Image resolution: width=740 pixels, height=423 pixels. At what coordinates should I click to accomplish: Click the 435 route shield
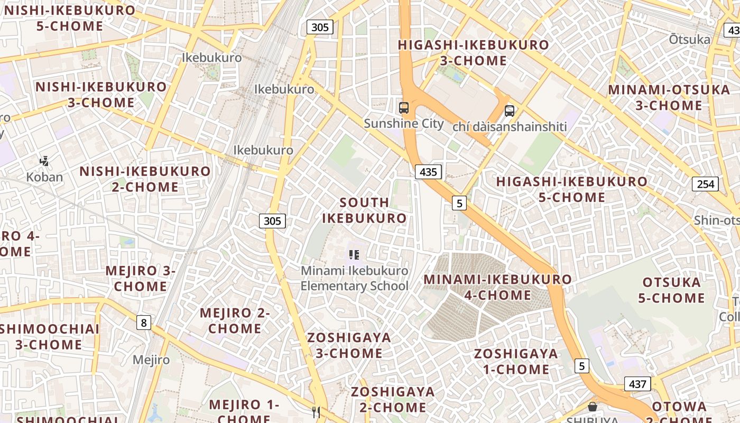(428, 171)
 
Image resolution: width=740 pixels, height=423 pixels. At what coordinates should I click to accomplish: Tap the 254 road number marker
(705, 184)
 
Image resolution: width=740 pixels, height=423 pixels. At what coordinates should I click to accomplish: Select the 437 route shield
(637, 384)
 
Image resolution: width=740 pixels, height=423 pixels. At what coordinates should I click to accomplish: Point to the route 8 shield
(143, 322)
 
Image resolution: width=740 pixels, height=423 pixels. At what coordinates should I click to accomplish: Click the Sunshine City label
(404, 124)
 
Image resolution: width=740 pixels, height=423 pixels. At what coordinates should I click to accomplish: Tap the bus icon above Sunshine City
(404, 108)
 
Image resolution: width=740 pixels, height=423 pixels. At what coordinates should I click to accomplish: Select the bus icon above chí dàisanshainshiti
(509, 111)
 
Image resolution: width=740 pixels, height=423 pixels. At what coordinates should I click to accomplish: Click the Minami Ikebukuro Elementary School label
(355, 278)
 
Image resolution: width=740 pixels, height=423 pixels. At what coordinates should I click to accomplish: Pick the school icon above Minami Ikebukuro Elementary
(354, 255)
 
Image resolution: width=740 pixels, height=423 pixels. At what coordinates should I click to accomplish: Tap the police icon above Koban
(45, 161)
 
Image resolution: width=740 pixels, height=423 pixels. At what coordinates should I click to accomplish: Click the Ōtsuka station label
(689, 39)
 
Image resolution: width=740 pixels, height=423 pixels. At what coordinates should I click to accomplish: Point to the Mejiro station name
(151, 360)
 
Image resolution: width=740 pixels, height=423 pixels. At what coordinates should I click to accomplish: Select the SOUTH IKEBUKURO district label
(364, 210)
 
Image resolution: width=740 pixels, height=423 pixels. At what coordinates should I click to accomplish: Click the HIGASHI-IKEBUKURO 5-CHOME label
(571, 189)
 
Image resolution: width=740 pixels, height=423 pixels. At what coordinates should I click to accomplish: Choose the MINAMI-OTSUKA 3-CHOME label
(669, 97)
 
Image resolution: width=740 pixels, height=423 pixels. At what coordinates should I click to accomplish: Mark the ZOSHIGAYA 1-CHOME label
(516, 361)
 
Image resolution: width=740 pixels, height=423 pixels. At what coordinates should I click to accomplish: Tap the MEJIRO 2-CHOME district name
(235, 320)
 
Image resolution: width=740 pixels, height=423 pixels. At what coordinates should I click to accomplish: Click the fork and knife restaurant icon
(316, 412)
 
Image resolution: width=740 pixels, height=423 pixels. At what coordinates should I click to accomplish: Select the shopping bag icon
(593, 406)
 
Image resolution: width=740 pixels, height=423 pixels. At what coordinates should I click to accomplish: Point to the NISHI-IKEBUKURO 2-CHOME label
(145, 179)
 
